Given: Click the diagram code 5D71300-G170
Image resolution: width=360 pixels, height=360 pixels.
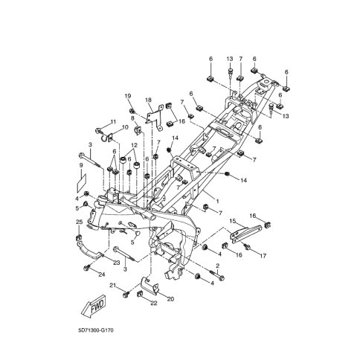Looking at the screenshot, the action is click(96, 330).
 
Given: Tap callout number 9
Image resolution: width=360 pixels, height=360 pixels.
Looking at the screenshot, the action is click(81, 165).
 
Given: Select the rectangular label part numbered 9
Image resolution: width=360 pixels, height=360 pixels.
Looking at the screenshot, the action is click(82, 183).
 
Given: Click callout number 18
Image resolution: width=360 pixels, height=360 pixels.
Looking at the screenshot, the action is click(148, 100).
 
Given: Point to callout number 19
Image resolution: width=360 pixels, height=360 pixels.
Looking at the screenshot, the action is click(127, 96).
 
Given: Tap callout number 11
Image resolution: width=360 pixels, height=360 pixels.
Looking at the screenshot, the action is click(113, 122).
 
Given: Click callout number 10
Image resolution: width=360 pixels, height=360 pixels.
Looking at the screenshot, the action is click(125, 127).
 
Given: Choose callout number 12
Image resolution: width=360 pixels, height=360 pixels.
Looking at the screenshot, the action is click(134, 145).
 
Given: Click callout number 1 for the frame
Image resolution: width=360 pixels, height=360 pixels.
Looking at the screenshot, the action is click(218, 202).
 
